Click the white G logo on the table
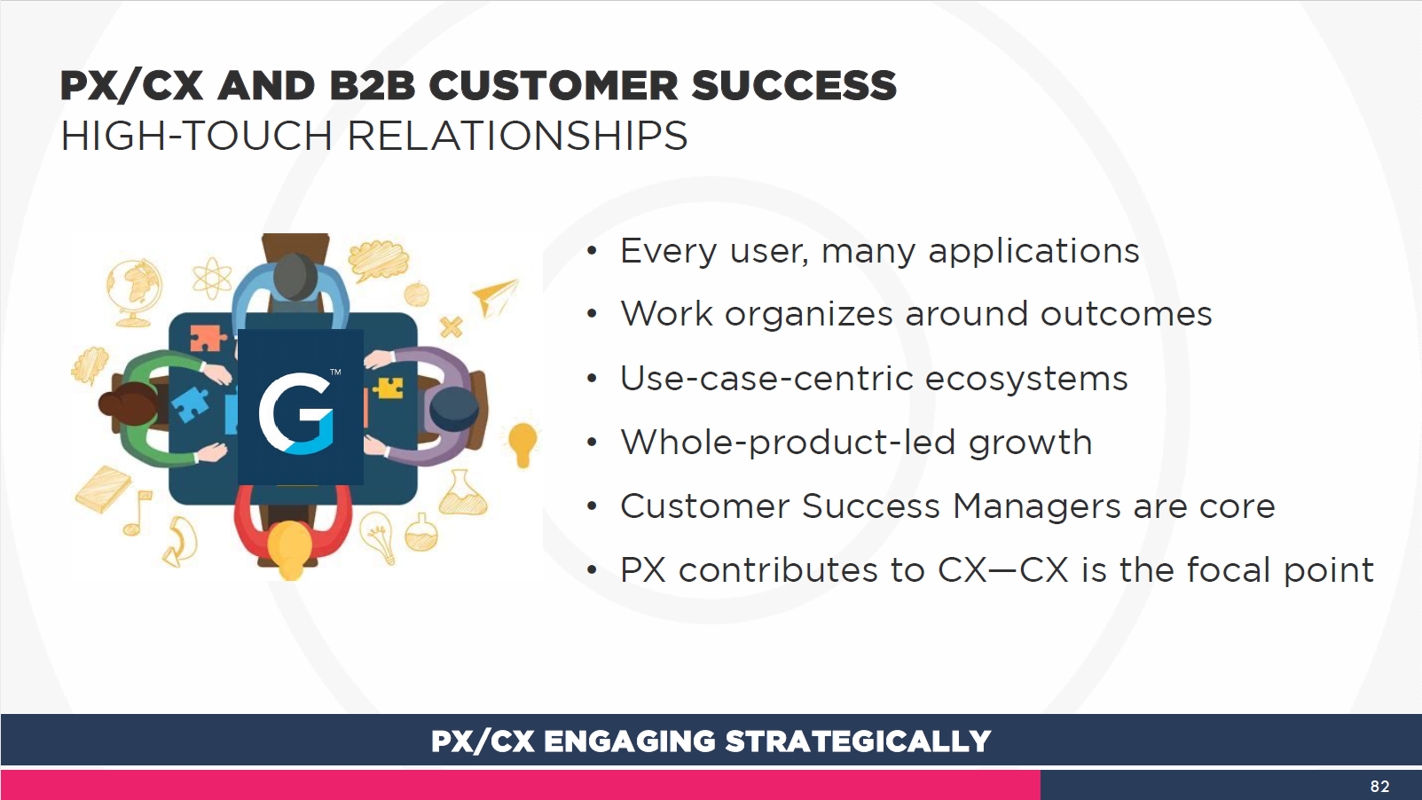coord(295,414)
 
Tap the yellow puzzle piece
coord(388,388)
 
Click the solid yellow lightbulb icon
coord(522,443)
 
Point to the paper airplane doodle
coord(495,296)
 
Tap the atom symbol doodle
coord(212,278)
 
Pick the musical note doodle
coord(137,513)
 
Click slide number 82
coord(1379,786)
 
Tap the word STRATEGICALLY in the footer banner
coord(858,741)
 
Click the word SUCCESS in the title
coord(794,86)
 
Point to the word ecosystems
coord(1026,379)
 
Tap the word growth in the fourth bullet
coord(1030,443)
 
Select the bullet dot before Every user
coord(592,251)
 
